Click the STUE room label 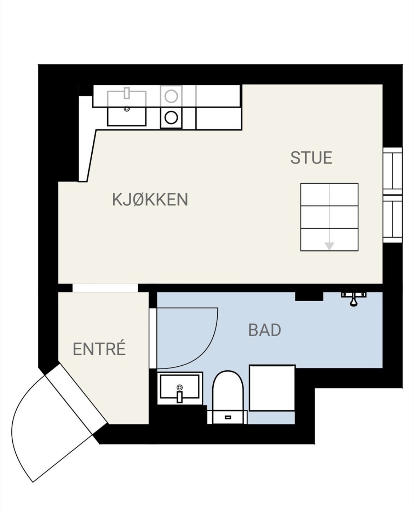[x=311, y=158]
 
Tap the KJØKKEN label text [x=150, y=199]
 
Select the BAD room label [x=265, y=330]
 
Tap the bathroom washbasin [x=179, y=390]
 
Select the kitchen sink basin [x=127, y=108]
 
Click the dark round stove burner [x=171, y=118]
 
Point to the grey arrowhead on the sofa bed [x=329, y=246]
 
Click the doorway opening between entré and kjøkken [x=105, y=288]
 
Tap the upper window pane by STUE [x=392, y=171]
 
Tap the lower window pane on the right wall [x=392, y=219]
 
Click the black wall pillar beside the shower [x=309, y=297]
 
